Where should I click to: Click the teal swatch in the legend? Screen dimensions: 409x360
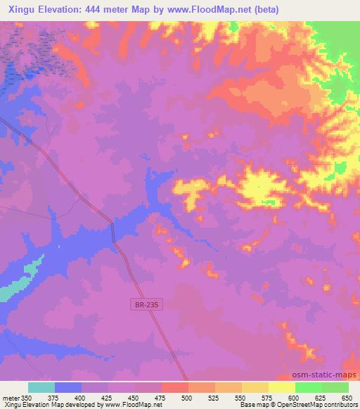(x=41, y=387)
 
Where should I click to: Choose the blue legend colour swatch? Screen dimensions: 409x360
(x=68, y=387)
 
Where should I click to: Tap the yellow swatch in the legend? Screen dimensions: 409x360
(x=282, y=387)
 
